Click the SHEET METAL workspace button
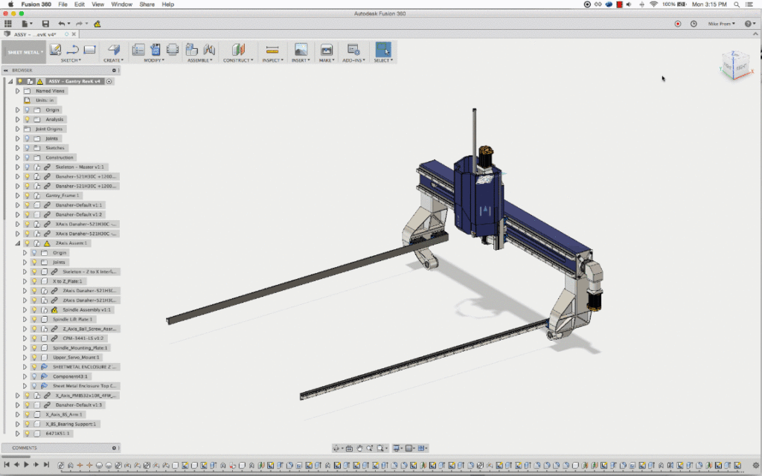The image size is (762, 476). coord(24,52)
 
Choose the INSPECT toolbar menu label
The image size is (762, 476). coord(272,60)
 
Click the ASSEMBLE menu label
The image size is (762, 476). coord(199,60)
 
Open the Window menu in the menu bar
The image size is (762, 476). coord(122,4)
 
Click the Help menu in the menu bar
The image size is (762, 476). coord(168,4)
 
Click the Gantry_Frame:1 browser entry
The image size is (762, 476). coord(63,196)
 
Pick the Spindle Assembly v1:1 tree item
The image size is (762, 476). coord(86,309)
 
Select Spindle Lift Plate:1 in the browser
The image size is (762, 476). coord(73,319)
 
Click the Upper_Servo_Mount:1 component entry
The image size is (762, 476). coord(76,357)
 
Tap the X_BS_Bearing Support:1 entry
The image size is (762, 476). coord(71,424)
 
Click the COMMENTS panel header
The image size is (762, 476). coord(25,448)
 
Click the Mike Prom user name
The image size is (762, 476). coord(720,24)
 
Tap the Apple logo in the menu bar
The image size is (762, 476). coord(10,4)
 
